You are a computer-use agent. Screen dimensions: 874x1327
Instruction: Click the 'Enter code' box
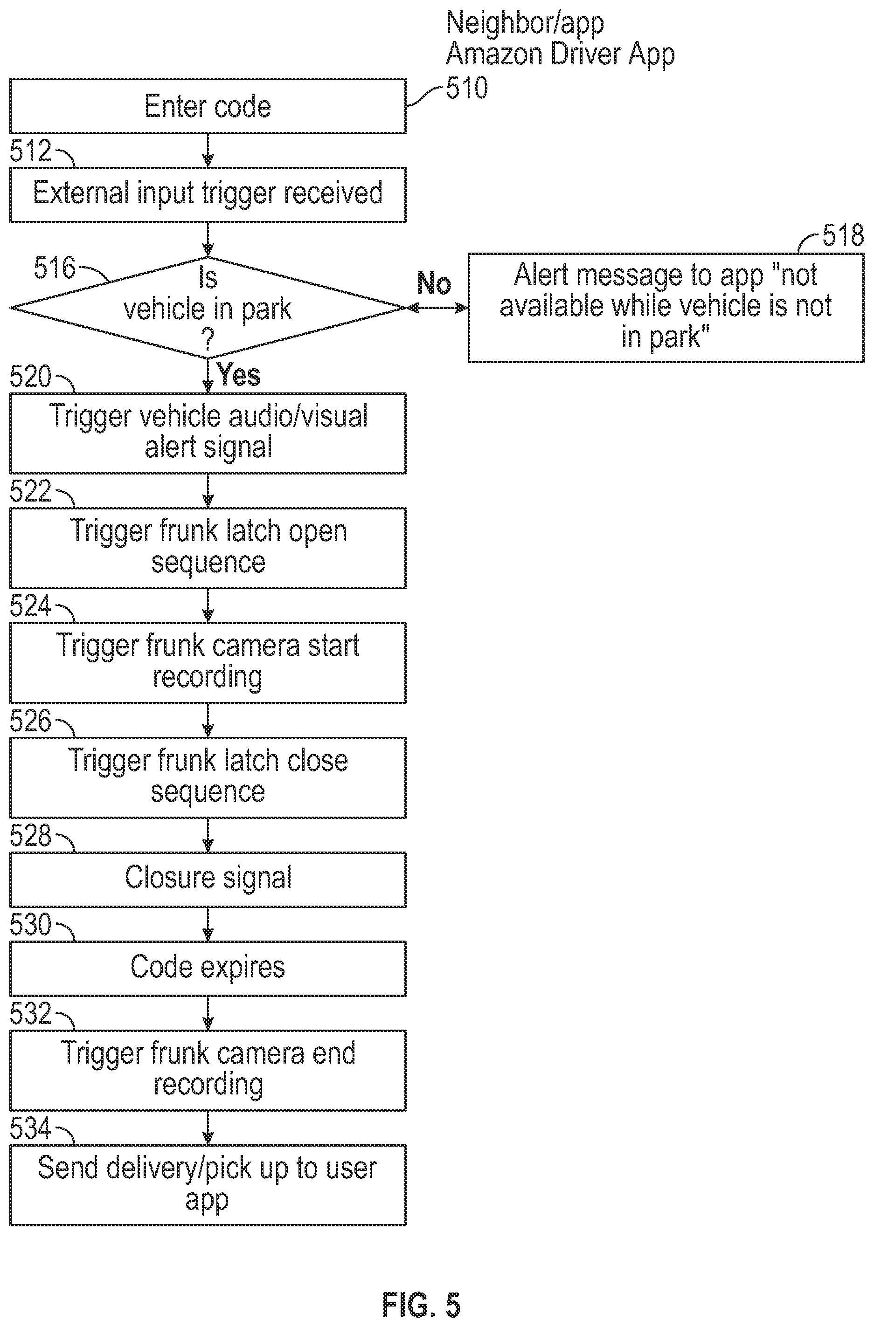[208, 106]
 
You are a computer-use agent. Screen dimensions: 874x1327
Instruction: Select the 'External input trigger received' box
[208, 194]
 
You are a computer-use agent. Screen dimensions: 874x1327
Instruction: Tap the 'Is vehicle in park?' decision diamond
[208, 307]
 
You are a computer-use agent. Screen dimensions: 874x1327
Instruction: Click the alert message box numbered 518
[666, 308]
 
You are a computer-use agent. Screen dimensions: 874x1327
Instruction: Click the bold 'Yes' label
[238, 374]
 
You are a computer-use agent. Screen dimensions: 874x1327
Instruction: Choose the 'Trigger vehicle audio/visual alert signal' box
[208, 433]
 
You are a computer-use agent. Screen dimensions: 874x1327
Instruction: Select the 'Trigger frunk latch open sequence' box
[208, 548]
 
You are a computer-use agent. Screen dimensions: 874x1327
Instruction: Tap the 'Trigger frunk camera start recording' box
[208, 663]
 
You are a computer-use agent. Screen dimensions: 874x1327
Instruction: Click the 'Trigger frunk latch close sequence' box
[208, 778]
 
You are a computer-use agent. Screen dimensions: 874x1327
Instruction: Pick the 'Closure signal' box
[208, 879]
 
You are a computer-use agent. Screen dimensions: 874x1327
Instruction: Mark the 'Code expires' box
[208, 969]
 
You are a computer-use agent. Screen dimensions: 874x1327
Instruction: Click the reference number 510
[467, 88]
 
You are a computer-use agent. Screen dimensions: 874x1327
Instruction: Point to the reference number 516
[54, 268]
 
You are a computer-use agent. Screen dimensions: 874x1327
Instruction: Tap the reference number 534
[30, 1128]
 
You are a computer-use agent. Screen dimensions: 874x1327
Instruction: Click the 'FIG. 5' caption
[421, 1305]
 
